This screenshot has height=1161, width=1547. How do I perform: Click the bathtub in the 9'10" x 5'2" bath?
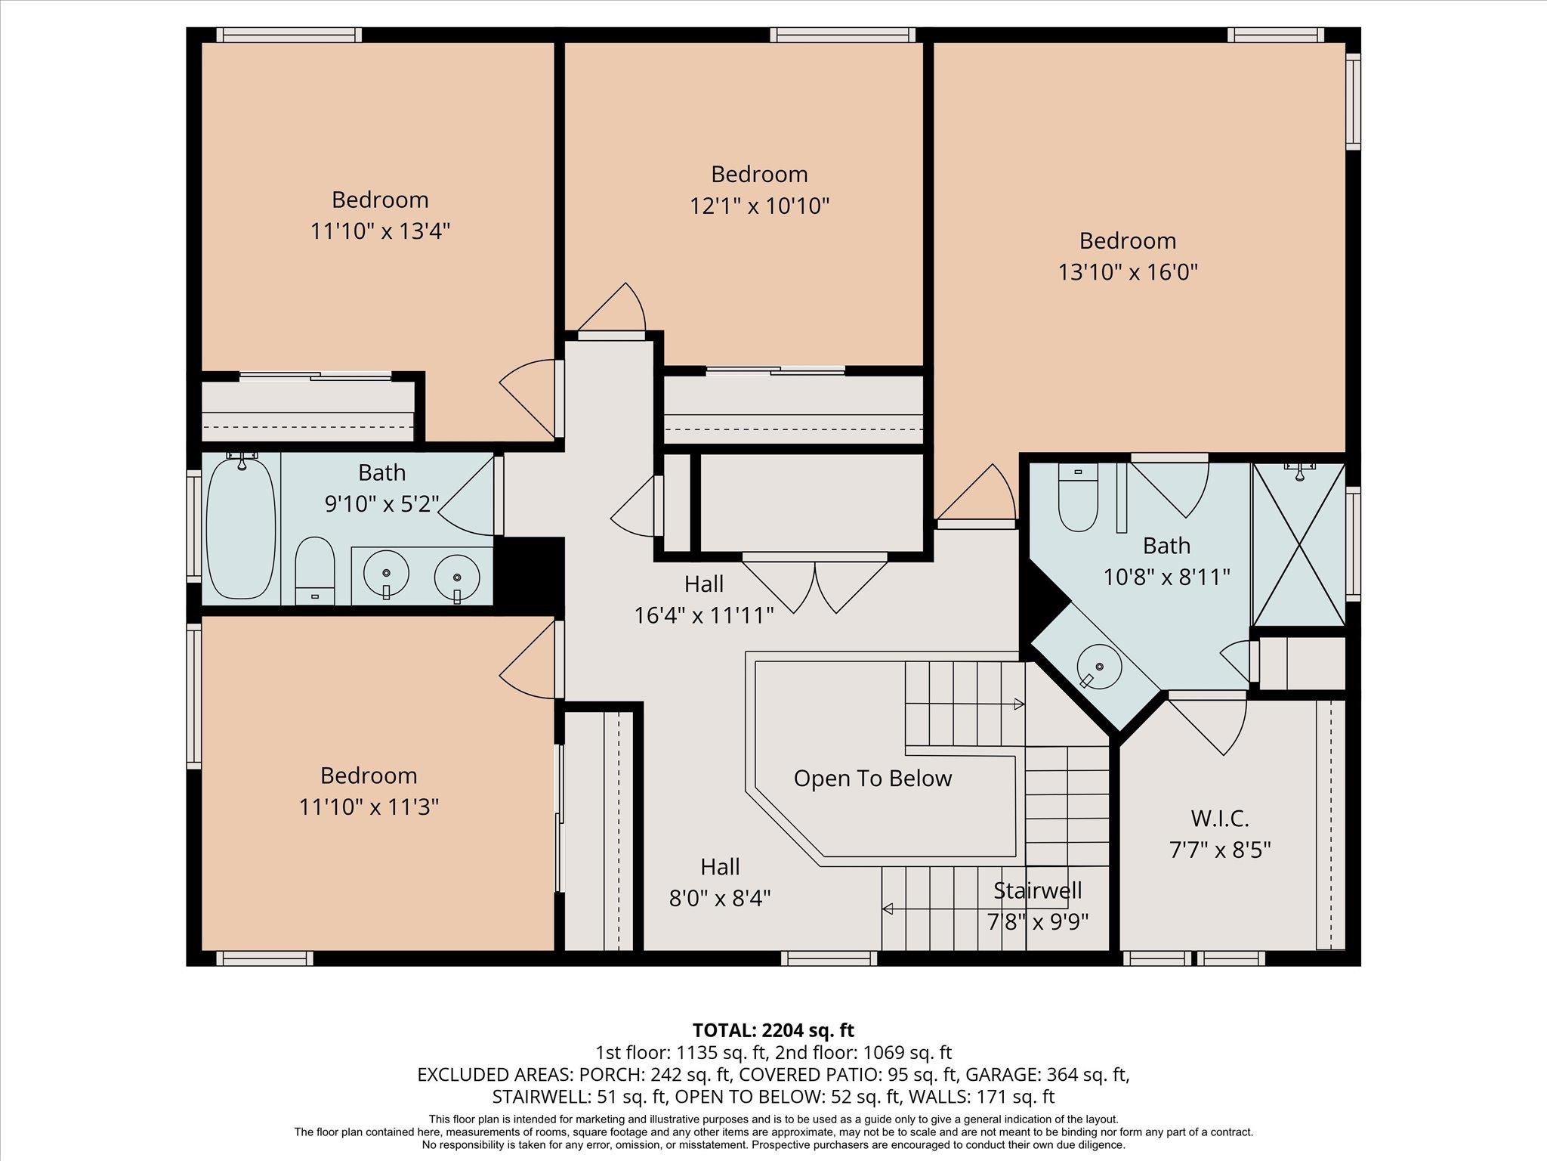click(x=241, y=528)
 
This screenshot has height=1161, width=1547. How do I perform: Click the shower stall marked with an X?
click(x=1298, y=544)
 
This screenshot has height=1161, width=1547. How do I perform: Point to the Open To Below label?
click(x=872, y=779)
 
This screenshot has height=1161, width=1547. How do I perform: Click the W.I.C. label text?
click(x=1219, y=818)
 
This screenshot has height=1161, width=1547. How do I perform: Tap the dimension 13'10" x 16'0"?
click(x=1128, y=272)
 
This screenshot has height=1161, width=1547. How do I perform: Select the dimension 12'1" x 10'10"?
click(x=759, y=206)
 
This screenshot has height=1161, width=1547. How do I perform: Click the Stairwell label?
click(x=1037, y=890)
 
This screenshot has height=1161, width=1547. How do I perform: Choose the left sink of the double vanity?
click(x=386, y=574)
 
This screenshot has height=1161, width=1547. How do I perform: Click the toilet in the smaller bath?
click(x=314, y=571)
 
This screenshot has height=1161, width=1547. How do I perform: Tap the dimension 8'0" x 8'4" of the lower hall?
click(x=720, y=899)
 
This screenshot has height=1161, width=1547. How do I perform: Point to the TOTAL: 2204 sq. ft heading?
click(x=773, y=1029)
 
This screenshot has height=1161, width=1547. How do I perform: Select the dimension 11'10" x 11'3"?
click(x=369, y=807)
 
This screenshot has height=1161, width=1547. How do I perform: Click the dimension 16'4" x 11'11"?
click(x=704, y=616)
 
